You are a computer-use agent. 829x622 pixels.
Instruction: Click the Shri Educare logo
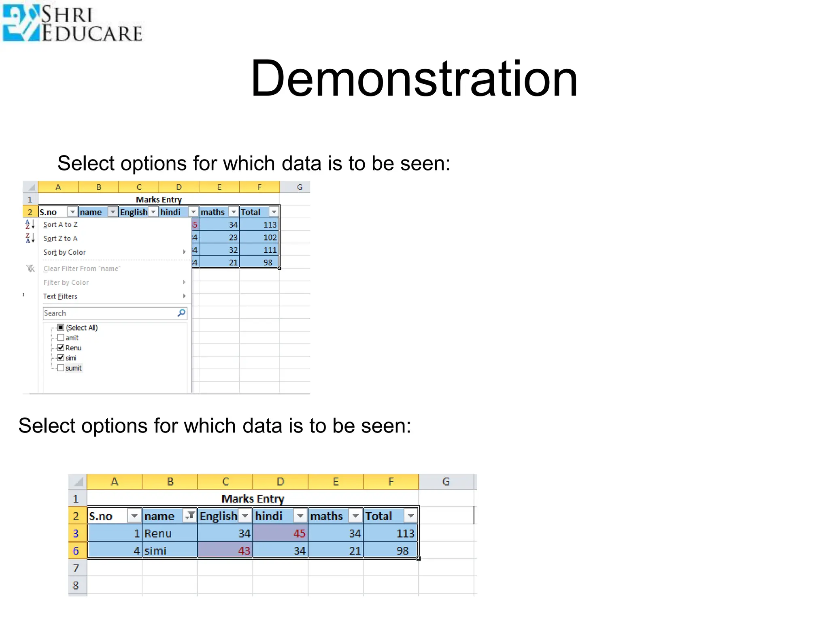tap(72, 23)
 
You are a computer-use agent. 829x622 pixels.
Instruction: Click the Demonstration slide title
tap(414, 79)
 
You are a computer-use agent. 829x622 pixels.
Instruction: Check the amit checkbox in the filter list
tap(61, 338)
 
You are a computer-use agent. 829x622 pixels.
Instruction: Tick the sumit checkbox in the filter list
tap(61, 368)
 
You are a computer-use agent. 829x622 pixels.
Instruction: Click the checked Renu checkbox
tap(61, 348)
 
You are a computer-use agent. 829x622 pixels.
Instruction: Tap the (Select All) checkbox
tap(61, 328)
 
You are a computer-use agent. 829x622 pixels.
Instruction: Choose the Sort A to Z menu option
tap(61, 225)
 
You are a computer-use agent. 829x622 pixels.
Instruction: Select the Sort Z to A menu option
tap(61, 239)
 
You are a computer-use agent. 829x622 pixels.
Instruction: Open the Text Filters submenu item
tap(61, 296)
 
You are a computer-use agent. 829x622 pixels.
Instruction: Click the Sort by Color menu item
tap(65, 252)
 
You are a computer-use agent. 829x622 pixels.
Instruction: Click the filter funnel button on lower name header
tap(189, 516)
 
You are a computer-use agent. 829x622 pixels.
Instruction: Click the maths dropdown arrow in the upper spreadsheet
tap(234, 212)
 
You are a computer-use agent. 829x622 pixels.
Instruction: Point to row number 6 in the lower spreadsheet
tap(76, 551)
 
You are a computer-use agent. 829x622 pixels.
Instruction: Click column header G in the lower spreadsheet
tap(446, 481)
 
